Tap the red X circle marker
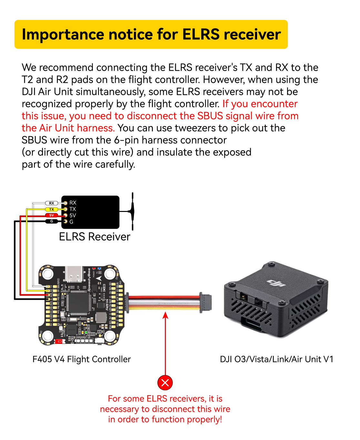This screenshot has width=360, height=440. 165,383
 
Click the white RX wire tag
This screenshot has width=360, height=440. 52,203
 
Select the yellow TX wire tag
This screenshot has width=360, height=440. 52,209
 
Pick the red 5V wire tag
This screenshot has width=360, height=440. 52,215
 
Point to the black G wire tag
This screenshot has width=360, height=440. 52,221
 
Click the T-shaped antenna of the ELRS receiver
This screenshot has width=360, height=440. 132,211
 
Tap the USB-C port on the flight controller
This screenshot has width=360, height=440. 74,274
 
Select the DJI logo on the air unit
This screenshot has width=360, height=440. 276,283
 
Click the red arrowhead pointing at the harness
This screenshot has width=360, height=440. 165,315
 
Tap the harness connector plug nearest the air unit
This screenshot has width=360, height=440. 205,302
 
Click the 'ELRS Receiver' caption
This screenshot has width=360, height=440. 95,237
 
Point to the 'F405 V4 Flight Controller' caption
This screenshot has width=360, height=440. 82,359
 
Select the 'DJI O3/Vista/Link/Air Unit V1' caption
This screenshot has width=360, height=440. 276,359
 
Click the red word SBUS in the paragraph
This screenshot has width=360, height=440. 210,116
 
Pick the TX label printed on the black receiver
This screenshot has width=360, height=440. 73,209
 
